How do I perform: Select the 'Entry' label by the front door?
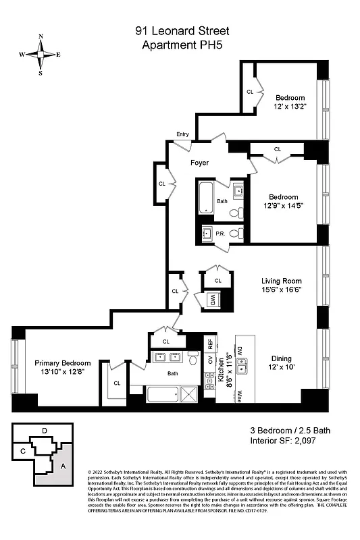(182, 134)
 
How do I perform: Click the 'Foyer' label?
(199, 163)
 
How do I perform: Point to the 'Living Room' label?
(282, 281)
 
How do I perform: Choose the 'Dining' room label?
(282, 358)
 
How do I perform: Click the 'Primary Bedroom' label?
(62, 363)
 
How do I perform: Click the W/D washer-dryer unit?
(213, 300)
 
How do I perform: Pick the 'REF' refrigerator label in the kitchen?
(210, 343)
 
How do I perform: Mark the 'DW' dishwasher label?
(240, 351)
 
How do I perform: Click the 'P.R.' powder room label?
(220, 234)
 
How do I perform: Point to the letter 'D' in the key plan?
(44, 430)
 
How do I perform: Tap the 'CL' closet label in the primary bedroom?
(117, 383)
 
